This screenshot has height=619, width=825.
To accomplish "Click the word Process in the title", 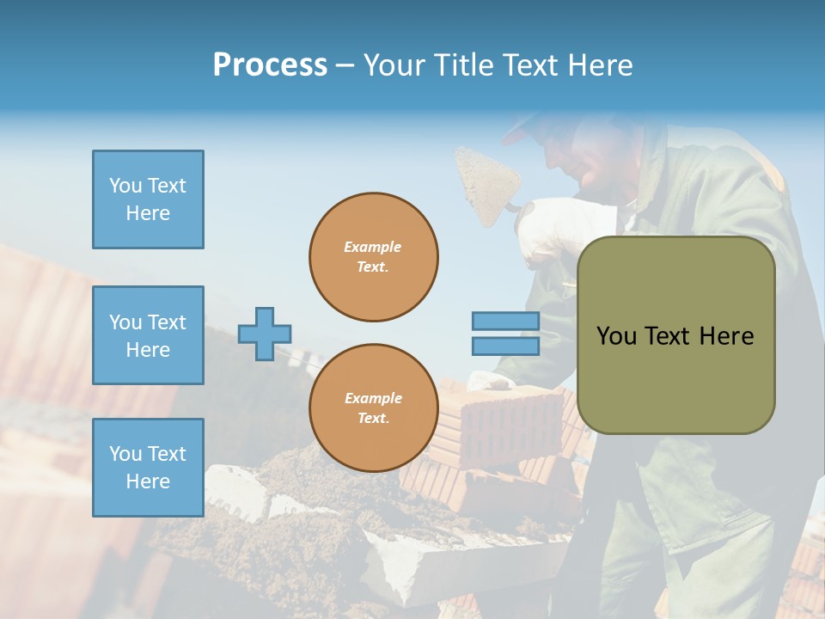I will pyautogui.click(x=270, y=65).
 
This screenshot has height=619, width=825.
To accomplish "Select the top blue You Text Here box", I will pyautogui.click(x=148, y=199).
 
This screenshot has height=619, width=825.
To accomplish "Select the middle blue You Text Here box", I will pyautogui.click(x=148, y=335).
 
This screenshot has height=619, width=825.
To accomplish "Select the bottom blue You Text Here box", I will pyautogui.click(x=148, y=468).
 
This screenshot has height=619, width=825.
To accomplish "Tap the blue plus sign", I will pyautogui.click(x=265, y=334).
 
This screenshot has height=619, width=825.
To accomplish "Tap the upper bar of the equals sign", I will pyautogui.click(x=506, y=322).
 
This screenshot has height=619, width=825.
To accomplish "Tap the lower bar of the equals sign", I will pyautogui.click(x=506, y=346).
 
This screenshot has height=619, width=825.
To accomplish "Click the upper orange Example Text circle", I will pyautogui.click(x=374, y=257).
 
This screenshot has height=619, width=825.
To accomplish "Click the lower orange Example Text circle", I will pyautogui.click(x=374, y=408).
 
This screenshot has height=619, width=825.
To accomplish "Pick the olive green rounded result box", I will pyautogui.click(x=676, y=335).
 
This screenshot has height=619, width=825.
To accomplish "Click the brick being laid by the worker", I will pyautogui.click(x=507, y=421).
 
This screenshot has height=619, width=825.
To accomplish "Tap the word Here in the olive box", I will pyautogui.click(x=726, y=336).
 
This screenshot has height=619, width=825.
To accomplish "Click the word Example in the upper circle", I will pyautogui.click(x=373, y=247).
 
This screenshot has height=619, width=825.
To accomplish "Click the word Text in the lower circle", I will pyautogui.click(x=373, y=419).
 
